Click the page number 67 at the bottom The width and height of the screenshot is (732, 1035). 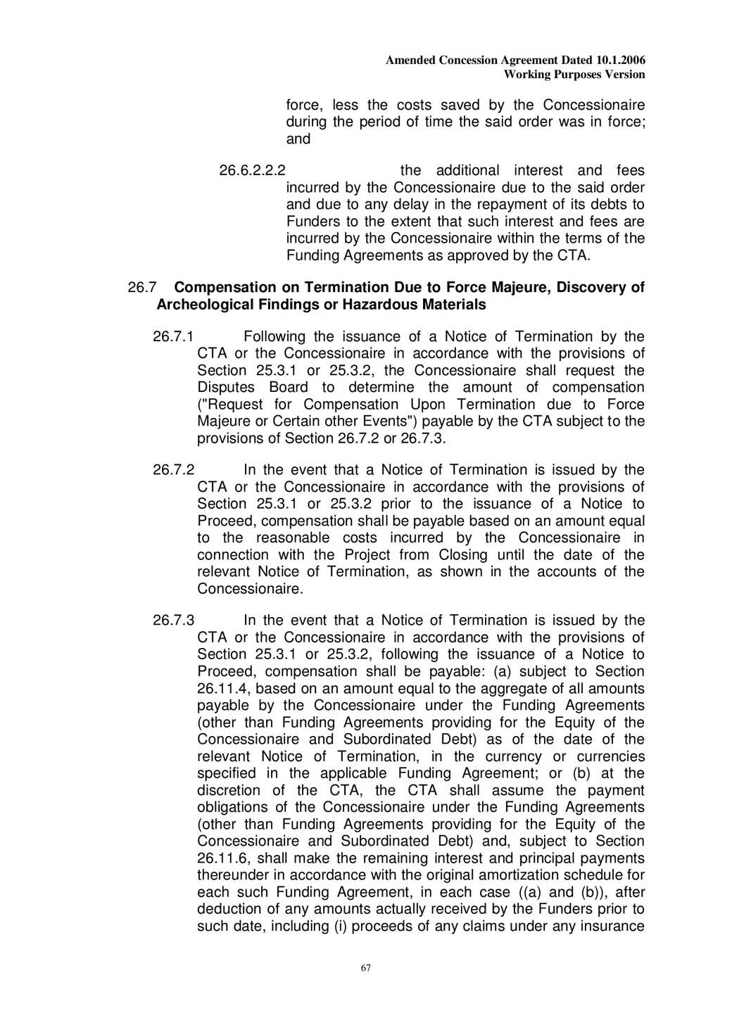[x=365, y=968]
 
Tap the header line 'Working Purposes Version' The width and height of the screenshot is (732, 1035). [x=574, y=75]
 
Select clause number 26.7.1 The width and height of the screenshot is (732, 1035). [x=173, y=337]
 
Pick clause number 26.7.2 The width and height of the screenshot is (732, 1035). [x=173, y=470]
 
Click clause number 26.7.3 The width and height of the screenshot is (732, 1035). [x=173, y=621]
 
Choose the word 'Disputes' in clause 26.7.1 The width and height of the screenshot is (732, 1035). [x=226, y=388]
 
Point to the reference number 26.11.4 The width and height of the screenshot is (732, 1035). [x=226, y=689]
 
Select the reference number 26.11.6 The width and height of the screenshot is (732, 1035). [x=226, y=858]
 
